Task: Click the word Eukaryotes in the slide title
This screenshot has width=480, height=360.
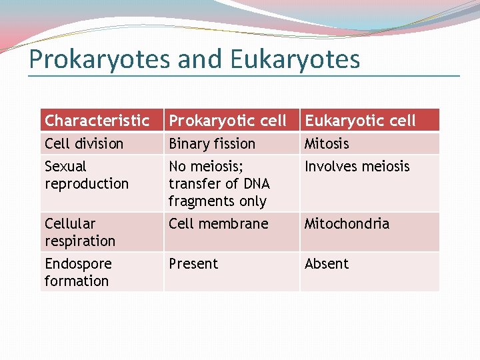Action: coord(295,59)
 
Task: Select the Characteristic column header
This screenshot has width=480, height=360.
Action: coord(97,121)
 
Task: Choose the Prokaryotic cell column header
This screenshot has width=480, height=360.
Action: coord(227,121)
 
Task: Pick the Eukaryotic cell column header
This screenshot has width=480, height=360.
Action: coord(360,121)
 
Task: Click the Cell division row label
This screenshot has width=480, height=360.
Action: coord(84,143)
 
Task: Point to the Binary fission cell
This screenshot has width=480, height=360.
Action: coord(212,143)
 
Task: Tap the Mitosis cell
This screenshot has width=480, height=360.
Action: coord(327,143)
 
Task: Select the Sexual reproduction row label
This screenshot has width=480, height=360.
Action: coord(87,175)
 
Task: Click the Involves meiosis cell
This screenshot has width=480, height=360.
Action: coord(357,167)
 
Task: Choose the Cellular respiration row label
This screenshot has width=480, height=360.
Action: coord(80,232)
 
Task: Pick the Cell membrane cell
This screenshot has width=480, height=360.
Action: coord(218,224)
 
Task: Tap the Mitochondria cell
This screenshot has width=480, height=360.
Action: coord(347,224)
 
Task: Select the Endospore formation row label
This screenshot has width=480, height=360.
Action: coord(78,272)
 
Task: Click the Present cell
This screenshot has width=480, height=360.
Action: coord(193,264)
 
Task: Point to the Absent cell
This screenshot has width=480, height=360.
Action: coord(327,264)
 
